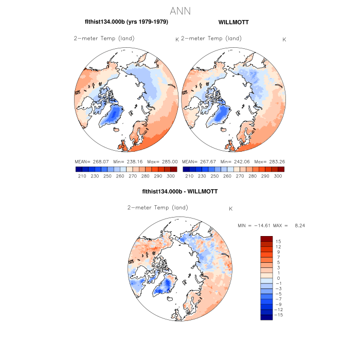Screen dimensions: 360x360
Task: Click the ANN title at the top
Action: pos(180,11)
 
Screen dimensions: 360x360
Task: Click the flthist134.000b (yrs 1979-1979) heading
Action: pos(127,22)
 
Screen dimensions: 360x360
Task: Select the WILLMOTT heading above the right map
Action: pos(234,22)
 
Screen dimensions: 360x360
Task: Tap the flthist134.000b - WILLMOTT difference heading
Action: pos(179,191)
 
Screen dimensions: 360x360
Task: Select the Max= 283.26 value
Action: pos(269,161)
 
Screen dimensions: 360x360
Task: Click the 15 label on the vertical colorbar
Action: pos(278,241)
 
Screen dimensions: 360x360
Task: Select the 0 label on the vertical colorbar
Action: pos(278,278)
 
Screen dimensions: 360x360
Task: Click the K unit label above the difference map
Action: pos(231,209)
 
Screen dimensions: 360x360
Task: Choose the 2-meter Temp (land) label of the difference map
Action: pos(157,208)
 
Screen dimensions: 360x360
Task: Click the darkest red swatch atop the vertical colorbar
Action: pos(266,239)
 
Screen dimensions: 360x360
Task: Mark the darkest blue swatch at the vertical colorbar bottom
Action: pos(266,317)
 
